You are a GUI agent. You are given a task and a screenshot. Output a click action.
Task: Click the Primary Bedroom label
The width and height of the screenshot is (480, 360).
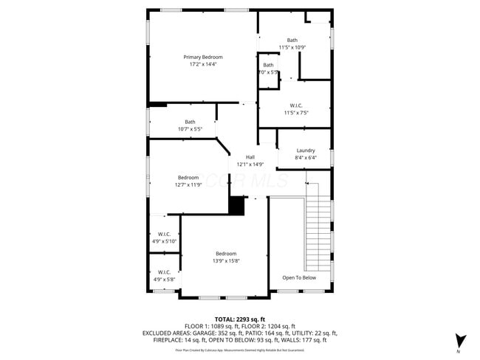[x=203, y=57]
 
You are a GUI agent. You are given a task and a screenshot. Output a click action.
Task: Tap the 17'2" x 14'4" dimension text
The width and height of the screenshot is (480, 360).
[x=203, y=64]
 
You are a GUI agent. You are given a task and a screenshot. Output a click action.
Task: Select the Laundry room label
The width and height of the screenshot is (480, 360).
[x=306, y=150]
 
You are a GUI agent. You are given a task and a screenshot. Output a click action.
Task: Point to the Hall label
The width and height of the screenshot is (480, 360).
[x=250, y=157]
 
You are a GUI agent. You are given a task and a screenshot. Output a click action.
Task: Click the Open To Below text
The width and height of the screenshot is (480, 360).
[x=299, y=278]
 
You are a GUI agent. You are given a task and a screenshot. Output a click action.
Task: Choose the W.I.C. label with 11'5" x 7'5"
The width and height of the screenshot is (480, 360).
[x=296, y=105]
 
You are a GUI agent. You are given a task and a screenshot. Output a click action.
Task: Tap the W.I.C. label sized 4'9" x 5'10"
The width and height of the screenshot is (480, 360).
[x=164, y=235]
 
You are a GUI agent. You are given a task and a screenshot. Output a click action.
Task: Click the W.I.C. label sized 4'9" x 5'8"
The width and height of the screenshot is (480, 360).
[x=164, y=272]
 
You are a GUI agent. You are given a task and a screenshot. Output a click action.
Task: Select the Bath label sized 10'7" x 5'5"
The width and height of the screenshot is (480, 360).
[x=191, y=122]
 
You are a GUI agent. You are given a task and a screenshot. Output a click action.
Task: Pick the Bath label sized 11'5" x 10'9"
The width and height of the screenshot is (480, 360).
[x=292, y=40]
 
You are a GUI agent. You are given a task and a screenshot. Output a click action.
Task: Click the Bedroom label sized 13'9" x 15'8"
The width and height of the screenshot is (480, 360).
[x=226, y=254]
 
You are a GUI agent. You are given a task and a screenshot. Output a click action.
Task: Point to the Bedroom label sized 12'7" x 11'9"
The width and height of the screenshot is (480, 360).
[x=188, y=177]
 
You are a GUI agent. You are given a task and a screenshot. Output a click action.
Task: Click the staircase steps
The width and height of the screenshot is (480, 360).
[x=319, y=229]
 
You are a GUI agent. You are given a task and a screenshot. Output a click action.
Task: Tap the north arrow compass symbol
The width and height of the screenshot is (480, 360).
[x=460, y=340]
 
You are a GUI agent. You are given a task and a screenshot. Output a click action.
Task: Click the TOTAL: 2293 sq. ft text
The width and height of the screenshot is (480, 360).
[x=240, y=319]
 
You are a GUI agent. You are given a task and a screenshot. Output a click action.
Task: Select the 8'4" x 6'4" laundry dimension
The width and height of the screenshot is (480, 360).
[x=306, y=158]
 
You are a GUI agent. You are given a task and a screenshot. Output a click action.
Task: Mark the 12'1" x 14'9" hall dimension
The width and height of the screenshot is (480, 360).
[x=250, y=165]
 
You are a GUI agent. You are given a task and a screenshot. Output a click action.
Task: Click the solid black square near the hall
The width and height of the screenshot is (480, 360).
[x=236, y=206]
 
